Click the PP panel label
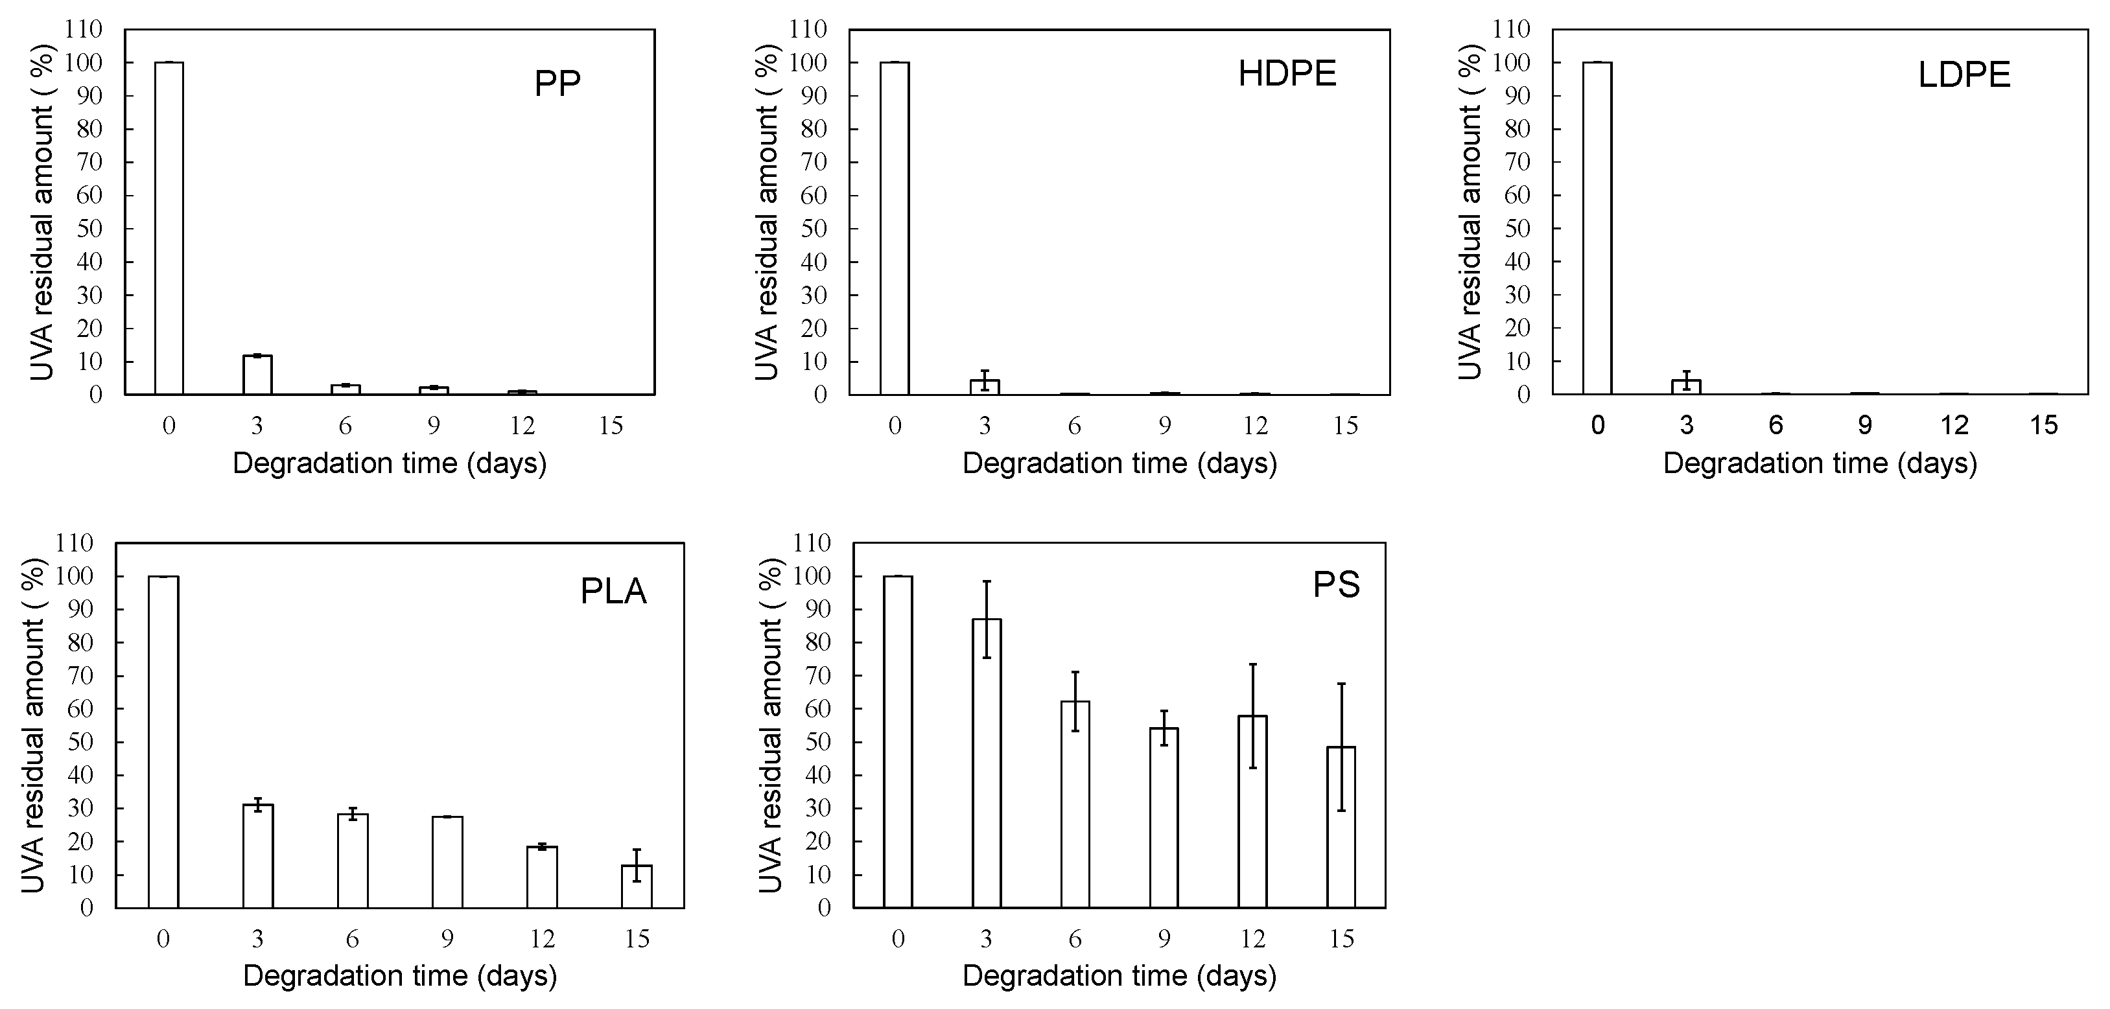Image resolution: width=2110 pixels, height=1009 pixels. click(x=557, y=84)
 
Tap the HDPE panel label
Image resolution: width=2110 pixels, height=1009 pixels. click(x=1287, y=75)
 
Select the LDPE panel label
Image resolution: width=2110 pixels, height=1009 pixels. click(x=1964, y=75)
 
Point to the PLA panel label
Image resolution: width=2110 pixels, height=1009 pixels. click(x=613, y=591)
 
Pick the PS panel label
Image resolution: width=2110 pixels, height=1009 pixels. click(x=1336, y=585)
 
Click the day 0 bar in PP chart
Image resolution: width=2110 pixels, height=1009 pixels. click(x=169, y=229)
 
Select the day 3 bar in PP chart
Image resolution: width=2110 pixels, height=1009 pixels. click(x=257, y=375)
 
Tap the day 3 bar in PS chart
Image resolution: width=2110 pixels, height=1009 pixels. click(x=986, y=763)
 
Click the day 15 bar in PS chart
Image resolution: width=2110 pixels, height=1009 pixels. click(x=1341, y=827)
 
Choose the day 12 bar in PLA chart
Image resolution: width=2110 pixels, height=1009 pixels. click(x=542, y=877)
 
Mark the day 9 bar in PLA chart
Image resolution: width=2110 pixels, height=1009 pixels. click(x=447, y=863)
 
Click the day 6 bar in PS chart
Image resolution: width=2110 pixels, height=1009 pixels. click(x=1075, y=804)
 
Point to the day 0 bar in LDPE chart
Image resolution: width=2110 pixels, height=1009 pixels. click(x=1597, y=229)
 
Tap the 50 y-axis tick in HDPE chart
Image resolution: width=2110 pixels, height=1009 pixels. click(x=814, y=229)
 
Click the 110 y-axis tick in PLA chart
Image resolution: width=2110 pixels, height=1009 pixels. click(x=75, y=543)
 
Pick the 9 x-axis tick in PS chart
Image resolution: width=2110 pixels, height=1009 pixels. click(x=1164, y=938)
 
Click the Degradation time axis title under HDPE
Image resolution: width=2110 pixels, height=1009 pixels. click(x=1119, y=463)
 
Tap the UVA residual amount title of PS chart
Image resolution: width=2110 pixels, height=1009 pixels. click(x=770, y=725)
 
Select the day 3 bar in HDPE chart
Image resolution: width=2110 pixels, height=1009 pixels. click(x=985, y=388)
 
